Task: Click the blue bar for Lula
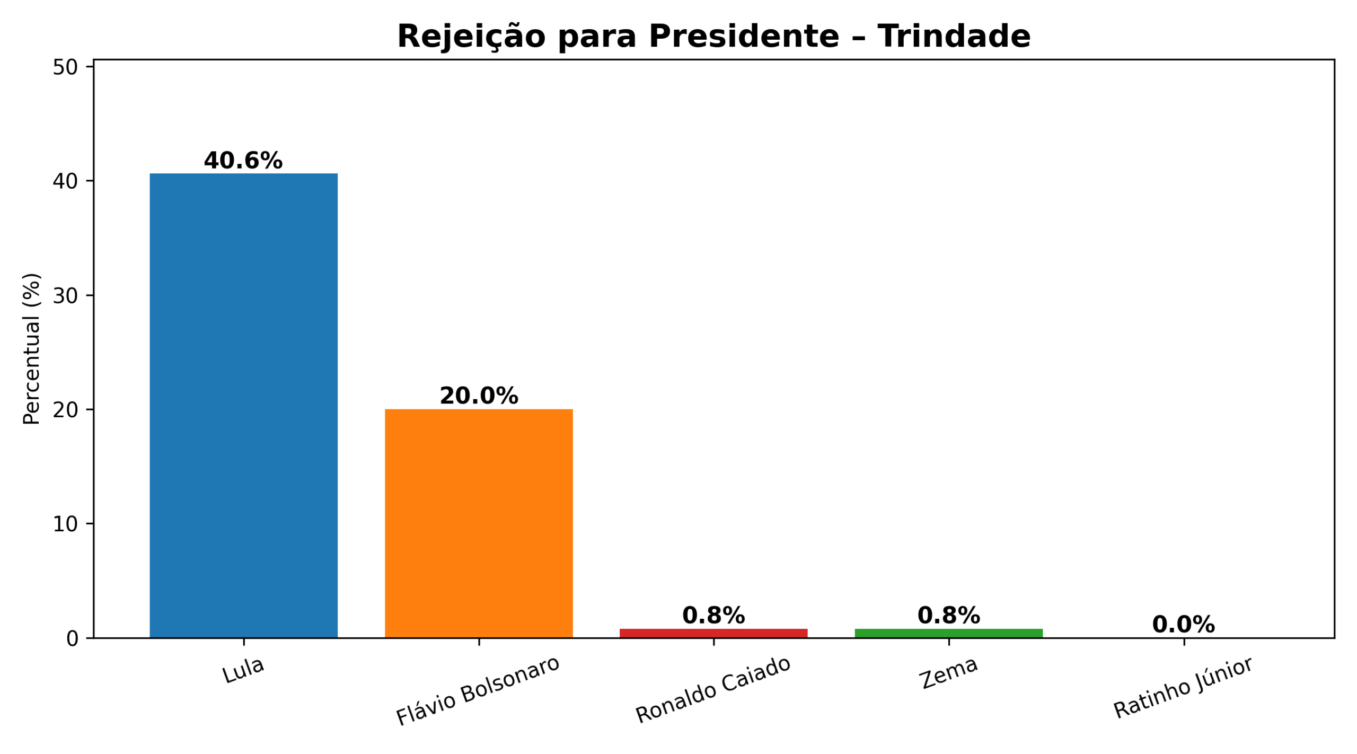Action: [243, 405]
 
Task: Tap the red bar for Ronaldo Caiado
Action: [713, 633]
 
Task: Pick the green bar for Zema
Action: [948, 633]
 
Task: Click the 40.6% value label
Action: [243, 161]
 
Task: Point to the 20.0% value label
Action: [479, 396]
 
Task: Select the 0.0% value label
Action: [1184, 625]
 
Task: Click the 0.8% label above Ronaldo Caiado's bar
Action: [713, 616]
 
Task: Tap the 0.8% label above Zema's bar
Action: [948, 616]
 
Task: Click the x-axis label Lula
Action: [243, 671]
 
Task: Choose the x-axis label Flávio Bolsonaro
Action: [478, 690]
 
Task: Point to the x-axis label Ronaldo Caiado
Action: [713, 690]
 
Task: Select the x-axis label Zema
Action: [948, 673]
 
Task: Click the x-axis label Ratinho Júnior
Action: [1183, 688]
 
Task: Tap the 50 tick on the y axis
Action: [65, 67]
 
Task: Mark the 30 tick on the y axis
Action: [65, 296]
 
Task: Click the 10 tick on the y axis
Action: [65, 524]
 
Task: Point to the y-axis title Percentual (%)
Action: [32, 348]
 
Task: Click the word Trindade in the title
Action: [954, 37]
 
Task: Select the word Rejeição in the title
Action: [471, 37]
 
